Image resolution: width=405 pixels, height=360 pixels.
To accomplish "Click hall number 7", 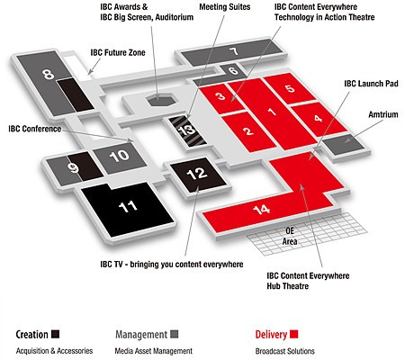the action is pyautogui.click(x=234, y=51).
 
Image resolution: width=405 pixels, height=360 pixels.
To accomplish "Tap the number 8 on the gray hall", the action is pyautogui.click(x=48, y=74).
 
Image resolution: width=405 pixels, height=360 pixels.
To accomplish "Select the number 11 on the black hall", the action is pyautogui.click(x=128, y=206).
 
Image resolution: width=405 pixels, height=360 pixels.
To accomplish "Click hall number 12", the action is pyautogui.click(x=196, y=174).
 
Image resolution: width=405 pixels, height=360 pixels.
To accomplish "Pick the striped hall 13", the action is pyautogui.click(x=187, y=131).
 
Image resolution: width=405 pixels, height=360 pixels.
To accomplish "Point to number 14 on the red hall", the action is pyautogui.click(x=261, y=210).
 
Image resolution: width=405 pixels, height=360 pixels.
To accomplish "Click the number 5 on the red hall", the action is pyautogui.click(x=290, y=89).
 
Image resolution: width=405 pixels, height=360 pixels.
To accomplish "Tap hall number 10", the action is pyautogui.click(x=119, y=156).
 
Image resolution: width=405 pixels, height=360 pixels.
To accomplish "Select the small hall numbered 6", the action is pyautogui.click(x=233, y=71).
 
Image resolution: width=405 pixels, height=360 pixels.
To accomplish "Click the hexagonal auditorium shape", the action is pyautogui.click(x=161, y=100).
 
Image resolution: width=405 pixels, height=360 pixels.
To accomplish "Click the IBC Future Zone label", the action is pyautogui.click(x=118, y=53).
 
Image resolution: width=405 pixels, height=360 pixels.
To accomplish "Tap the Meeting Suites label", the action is pyautogui.click(x=225, y=7).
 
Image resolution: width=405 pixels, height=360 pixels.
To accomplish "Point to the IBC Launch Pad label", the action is pyautogui.click(x=371, y=84).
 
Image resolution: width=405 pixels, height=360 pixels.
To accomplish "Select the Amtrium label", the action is pyautogui.click(x=383, y=114).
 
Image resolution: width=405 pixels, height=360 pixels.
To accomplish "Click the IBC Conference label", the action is pyautogui.click(x=35, y=129).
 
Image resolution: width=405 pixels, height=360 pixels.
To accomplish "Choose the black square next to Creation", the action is pyautogui.click(x=55, y=334).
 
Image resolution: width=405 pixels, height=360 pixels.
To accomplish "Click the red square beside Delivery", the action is pyautogui.click(x=294, y=334).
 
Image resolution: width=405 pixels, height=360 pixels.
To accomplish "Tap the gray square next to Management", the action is pyautogui.click(x=175, y=334).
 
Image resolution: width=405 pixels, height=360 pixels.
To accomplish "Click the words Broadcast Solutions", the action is pyautogui.click(x=284, y=351).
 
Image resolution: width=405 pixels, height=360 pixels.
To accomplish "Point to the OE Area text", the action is pyautogui.click(x=290, y=236).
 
